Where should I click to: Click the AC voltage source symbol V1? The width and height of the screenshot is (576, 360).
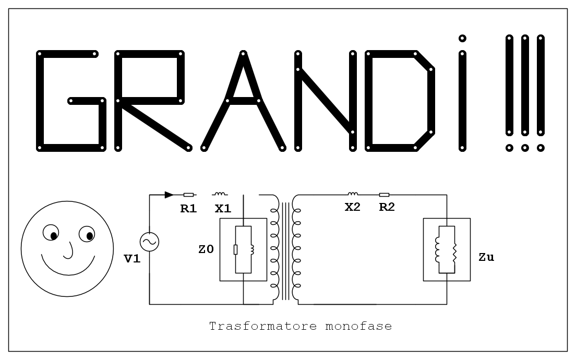coord(150,242)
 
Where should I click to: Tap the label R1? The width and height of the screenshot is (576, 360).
coord(188,209)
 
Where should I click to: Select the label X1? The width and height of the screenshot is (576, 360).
coord(223,209)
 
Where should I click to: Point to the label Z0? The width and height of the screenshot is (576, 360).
coord(206,249)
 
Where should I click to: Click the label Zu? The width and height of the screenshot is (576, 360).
coord(486,257)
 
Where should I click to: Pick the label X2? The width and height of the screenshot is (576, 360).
coord(352,207)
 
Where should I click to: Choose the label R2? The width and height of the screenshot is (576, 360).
coord(387,207)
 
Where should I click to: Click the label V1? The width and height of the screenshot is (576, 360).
coord(132,259)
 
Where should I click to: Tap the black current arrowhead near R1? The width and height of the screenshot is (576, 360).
coord(169,195)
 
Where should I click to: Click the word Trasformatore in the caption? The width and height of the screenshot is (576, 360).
coord(263,326)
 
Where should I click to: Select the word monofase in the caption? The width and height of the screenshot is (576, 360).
coord(358,326)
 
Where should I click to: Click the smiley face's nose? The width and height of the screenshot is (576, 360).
coord(69,250)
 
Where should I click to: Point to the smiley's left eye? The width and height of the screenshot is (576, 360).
coord(51,233)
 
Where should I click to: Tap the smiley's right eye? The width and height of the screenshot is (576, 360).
coord(87,234)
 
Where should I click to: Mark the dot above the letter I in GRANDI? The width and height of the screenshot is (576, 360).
coord(462,38)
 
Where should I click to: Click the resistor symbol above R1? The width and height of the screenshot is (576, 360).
coord(188,195)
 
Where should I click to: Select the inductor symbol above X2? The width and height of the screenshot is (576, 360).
coord(353,194)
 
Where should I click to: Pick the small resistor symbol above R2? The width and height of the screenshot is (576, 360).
coord(384,195)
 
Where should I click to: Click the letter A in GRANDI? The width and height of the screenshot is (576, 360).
coord(243,101)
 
